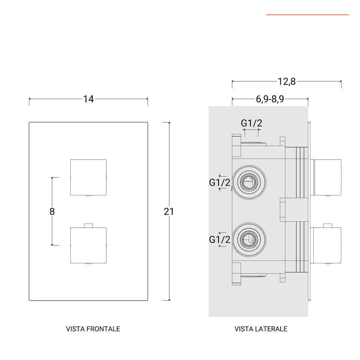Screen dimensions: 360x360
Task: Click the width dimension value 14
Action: click(x=88, y=99)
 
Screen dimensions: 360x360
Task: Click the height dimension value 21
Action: click(x=169, y=212)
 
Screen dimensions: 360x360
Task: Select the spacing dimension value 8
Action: click(x=52, y=212)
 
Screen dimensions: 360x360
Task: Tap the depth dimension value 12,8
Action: click(x=287, y=81)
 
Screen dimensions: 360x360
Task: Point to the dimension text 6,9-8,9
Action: click(x=270, y=99)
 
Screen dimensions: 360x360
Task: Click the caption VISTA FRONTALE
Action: click(x=93, y=329)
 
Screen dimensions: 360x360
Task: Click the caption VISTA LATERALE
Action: click(x=261, y=329)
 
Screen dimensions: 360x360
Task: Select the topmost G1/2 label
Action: click(x=252, y=123)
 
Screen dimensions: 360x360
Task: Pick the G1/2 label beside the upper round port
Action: click(x=220, y=183)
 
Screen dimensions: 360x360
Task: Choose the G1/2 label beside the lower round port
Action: click(x=220, y=239)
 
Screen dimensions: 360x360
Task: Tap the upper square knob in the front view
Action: click(x=88, y=177)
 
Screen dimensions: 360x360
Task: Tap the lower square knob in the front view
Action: click(x=88, y=245)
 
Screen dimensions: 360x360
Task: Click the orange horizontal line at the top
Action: click(x=307, y=15)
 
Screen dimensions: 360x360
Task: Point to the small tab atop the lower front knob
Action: click(x=88, y=226)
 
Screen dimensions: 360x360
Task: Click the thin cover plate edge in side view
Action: click(x=310, y=212)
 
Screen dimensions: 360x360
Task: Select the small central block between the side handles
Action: click(x=283, y=210)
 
